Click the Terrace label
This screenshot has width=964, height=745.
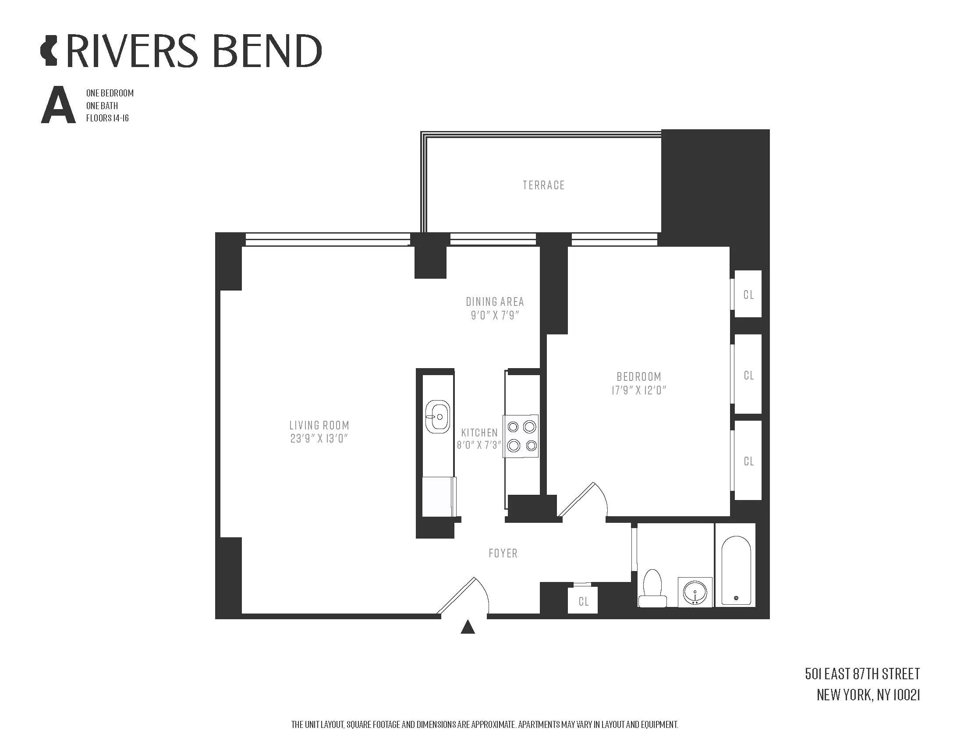543,185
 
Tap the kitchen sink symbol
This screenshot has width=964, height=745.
437,417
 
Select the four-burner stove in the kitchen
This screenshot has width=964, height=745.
521,436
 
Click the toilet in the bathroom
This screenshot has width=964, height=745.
652,589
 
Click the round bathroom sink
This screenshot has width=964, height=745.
695,592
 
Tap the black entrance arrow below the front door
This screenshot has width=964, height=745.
468,627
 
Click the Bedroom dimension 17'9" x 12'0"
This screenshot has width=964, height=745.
638,390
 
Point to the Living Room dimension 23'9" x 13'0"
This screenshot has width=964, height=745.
319,439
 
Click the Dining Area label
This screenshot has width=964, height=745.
495,302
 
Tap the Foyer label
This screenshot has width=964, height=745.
503,553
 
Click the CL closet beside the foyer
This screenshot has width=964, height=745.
583,602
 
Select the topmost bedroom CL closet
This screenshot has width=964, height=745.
748,294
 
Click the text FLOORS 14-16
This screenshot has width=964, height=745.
107,118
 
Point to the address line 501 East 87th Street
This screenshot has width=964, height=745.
862,674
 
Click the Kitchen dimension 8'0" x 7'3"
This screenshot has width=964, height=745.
479,445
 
